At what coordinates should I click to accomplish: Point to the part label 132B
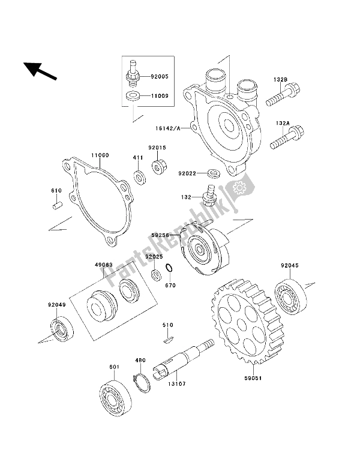click(x=283, y=79)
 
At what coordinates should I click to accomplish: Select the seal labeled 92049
click(x=61, y=329)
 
